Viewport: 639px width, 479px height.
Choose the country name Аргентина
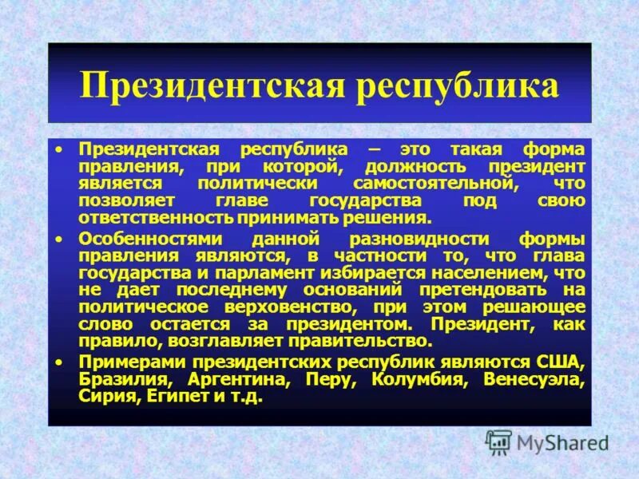pyautogui.click(x=236, y=379)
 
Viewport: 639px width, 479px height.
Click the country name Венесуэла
pyautogui.click(x=534, y=379)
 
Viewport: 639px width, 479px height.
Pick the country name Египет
pyautogui.click(x=177, y=397)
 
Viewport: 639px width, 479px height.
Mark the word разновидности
pyautogui.click(x=403, y=239)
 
